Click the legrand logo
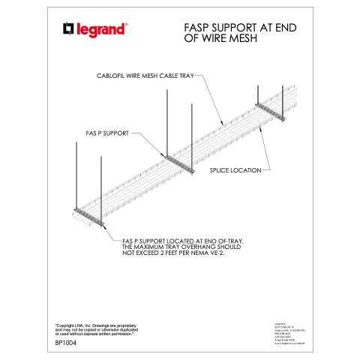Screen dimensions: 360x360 [x=95, y=29]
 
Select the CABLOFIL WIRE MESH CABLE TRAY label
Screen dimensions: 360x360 [x=145, y=76]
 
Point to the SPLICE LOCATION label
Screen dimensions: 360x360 [x=235, y=170]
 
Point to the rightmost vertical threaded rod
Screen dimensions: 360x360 [x=283, y=101]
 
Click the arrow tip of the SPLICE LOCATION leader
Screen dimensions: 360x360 [x=259, y=127]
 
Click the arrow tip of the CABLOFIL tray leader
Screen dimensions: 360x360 [x=223, y=121]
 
